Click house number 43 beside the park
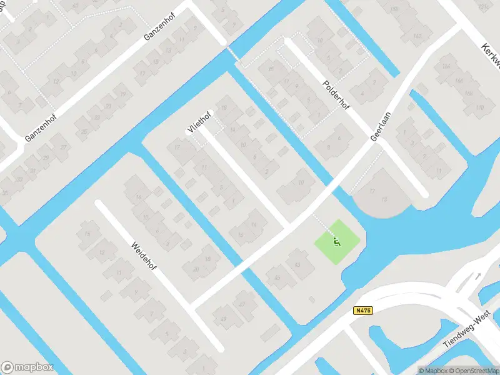pyautogui.click(x=297, y=265)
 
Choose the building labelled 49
pyautogui.click(x=223, y=320)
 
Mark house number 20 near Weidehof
pyautogui.click(x=196, y=269)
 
